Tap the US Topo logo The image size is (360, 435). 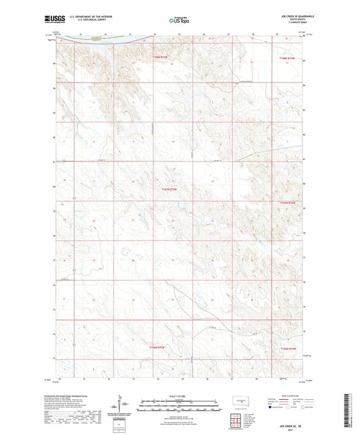(x=179, y=21)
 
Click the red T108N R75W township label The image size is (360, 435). (x=156, y=58)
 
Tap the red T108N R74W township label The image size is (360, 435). (x=287, y=58)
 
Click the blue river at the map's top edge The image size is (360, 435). (x=101, y=39)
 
